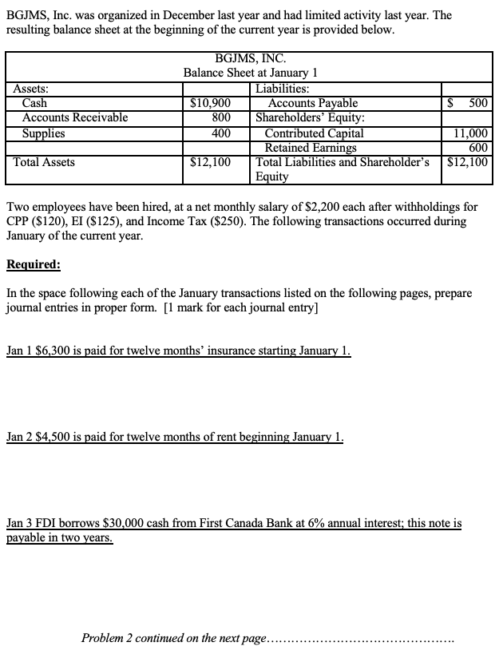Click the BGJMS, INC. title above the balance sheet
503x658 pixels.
coord(251,58)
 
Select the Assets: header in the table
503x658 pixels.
coord(34,89)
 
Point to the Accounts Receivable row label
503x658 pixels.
coord(75,117)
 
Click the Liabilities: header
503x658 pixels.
coord(283,89)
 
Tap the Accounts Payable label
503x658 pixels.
coord(313,103)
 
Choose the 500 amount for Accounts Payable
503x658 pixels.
coord(478,103)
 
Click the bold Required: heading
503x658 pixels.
coord(33,264)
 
